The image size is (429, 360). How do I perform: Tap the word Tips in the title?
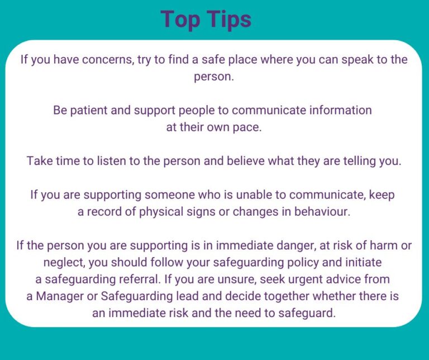pos(227,20)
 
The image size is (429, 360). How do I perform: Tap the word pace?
pos(250,127)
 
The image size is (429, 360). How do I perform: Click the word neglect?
pos(63,262)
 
